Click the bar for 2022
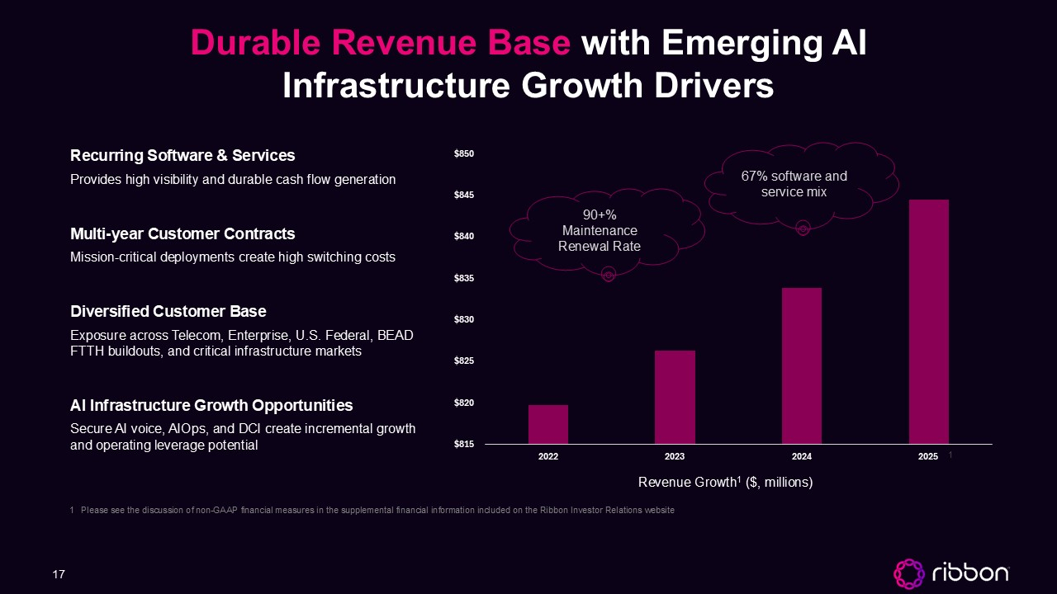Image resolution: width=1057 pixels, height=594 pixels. (x=547, y=424)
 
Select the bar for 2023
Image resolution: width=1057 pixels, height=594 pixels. (x=675, y=397)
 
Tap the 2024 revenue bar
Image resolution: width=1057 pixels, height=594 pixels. (x=802, y=365)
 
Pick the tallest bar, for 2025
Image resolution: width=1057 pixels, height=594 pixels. (x=929, y=322)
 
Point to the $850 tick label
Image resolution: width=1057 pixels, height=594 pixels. (x=464, y=153)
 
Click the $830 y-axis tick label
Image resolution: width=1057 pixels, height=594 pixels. (x=464, y=319)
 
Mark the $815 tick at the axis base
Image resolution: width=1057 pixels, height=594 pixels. (x=464, y=444)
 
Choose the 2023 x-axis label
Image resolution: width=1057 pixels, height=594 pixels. (x=675, y=456)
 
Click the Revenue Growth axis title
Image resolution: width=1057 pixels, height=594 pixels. (x=725, y=482)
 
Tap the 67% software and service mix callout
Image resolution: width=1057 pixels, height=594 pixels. (x=794, y=184)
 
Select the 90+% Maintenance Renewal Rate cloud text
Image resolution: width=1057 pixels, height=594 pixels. (x=600, y=230)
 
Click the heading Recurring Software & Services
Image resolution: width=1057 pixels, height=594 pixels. (x=182, y=156)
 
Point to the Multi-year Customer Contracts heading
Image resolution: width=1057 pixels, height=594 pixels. (x=182, y=233)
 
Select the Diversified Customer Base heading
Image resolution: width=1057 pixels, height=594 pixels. (x=168, y=311)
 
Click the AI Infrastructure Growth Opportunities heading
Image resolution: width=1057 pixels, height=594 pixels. (x=211, y=405)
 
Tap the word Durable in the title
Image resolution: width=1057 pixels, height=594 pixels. (x=255, y=42)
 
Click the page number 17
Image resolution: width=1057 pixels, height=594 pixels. (x=59, y=574)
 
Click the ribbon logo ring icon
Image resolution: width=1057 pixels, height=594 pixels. (x=909, y=573)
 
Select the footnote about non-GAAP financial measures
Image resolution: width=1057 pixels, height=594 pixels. (x=372, y=510)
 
